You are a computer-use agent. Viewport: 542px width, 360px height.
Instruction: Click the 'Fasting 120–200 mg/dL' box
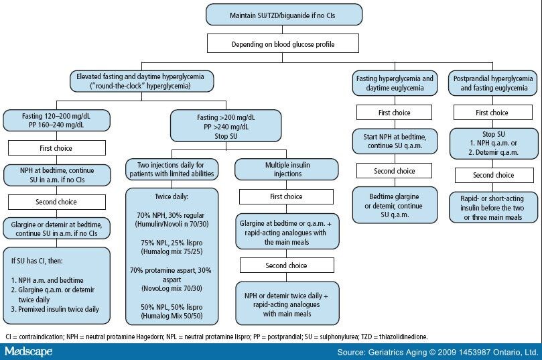(x=56, y=120)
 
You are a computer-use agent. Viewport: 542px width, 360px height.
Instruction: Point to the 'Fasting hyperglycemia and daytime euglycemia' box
(x=393, y=83)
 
